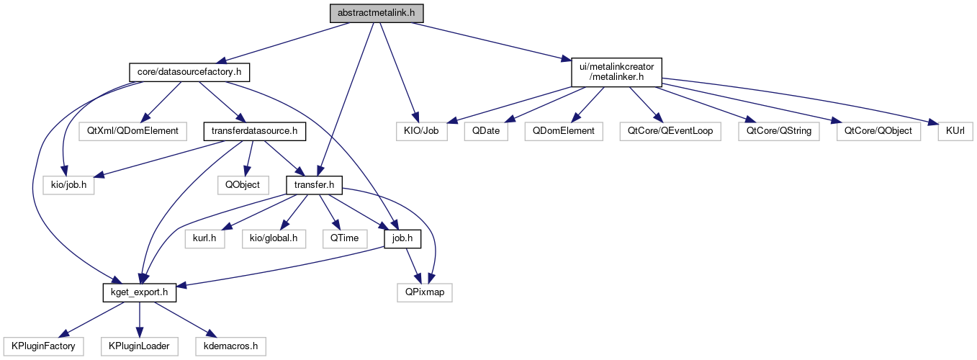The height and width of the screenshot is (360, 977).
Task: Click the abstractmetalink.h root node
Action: [377, 14]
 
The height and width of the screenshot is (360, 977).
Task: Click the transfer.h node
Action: [314, 185]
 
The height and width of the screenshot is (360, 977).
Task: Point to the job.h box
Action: [402, 238]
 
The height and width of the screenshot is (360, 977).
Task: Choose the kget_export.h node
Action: [140, 292]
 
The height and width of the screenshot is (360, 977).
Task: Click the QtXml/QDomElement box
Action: [134, 132]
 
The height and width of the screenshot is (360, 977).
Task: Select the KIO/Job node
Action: [422, 132]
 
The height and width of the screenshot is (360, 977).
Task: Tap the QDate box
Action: [487, 132]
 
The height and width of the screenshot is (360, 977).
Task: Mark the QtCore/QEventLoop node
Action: [670, 132]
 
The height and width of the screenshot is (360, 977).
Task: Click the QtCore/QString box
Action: [779, 132]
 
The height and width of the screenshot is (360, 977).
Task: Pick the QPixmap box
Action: [425, 292]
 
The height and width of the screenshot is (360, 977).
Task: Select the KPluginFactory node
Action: [42, 346]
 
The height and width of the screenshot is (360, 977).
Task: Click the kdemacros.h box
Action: [230, 346]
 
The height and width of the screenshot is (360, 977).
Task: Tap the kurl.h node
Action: [205, 238]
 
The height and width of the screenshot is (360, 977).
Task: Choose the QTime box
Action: [345, 238]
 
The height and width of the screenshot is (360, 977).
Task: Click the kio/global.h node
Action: [274, 238]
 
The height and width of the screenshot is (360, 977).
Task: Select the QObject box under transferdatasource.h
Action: [243, 185]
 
